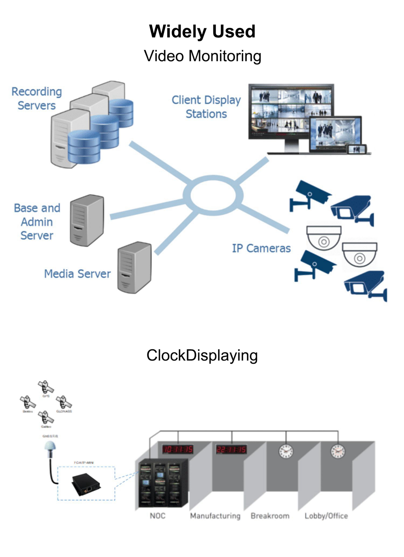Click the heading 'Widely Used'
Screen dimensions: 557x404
(x=202, y=31)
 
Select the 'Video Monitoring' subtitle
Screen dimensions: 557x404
(x=202, y=56)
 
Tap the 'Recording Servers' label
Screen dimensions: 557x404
(x=36, y=98)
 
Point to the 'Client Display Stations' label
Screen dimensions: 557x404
(x=206, y=107)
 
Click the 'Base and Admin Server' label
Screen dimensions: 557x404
(x=37, y=222)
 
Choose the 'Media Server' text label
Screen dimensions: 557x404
(x=77, y=274)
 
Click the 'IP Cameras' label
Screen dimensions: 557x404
(x=261, y=248)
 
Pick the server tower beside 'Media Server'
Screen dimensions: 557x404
(x=134, y=267)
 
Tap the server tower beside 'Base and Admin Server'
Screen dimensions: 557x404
(x=86, y=220)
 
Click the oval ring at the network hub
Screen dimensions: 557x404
(x=213, y=195)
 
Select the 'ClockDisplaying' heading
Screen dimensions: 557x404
(x=202, y=355)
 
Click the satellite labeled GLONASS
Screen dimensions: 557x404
(x=63, y=402)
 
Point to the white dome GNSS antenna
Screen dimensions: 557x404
(x=50, y=448)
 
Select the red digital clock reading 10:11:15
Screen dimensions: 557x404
(x=177, y=449)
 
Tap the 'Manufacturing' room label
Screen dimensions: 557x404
(x=215, y=516)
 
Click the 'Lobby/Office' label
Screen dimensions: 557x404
(x=326, y=516)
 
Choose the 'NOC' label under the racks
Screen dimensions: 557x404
(x=158, y=516)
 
